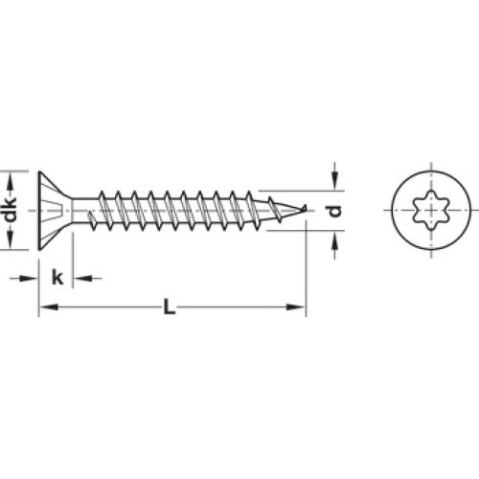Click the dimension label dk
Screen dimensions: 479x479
tap(11, 210)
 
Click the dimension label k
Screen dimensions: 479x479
tap(57, 277)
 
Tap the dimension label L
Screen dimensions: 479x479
tap(170, 307)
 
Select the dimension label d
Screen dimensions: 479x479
tap(335, 211)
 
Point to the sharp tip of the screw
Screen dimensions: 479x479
tap(306, 208)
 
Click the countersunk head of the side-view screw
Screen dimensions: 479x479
tap(55, 211)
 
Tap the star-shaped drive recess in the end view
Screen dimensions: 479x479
tap(431, 210)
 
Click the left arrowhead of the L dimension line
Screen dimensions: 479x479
tap(48, 308)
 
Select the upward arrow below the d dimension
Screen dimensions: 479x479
tap(334, 245)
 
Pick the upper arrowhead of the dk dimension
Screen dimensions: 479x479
tap(11, 181)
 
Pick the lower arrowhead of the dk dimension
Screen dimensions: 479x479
tap(11, 240)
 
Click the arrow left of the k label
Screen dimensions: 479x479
tap(24, 279)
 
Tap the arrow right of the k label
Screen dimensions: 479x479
tap(87, 279)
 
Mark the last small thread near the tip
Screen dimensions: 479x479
tap(275, 210)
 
